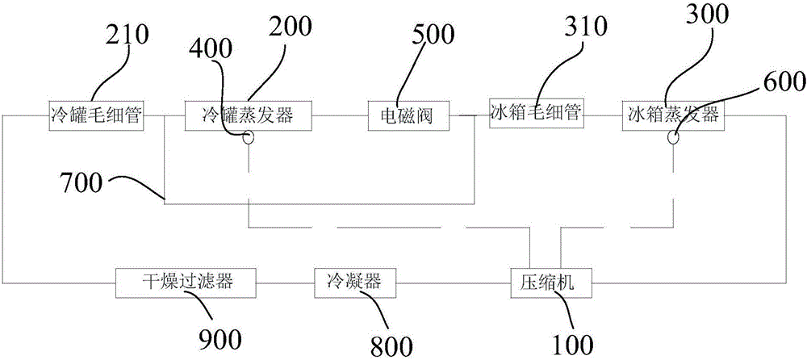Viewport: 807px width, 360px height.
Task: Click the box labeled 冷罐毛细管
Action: coord(95,115)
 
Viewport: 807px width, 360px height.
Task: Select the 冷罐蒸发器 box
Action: coord(249,115)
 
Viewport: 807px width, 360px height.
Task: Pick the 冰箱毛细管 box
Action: coord(535,112)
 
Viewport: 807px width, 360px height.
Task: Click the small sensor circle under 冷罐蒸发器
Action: coord(249,138)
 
